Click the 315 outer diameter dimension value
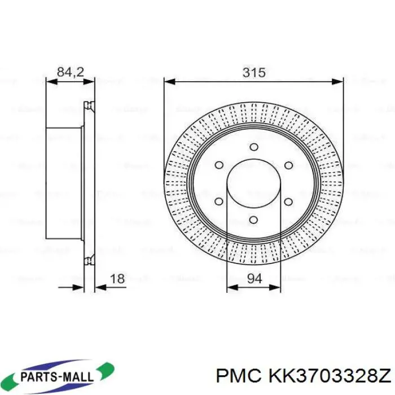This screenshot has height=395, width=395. click(x=253, y=73)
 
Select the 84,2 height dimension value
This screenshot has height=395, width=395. click(x=71, y=72)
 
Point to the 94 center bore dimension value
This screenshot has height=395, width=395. click(x=253, y=278)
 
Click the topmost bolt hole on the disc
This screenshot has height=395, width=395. click(x=253, y=147)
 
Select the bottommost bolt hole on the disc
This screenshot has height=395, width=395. click(x=253, y=220)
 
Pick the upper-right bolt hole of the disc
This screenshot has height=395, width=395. click(x=288, y=165)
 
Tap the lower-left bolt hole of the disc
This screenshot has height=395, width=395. click(x=219, y=201)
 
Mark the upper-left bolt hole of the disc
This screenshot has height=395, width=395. click(x=219, y=165)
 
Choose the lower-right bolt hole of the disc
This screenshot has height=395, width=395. click(x=288, y=201)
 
